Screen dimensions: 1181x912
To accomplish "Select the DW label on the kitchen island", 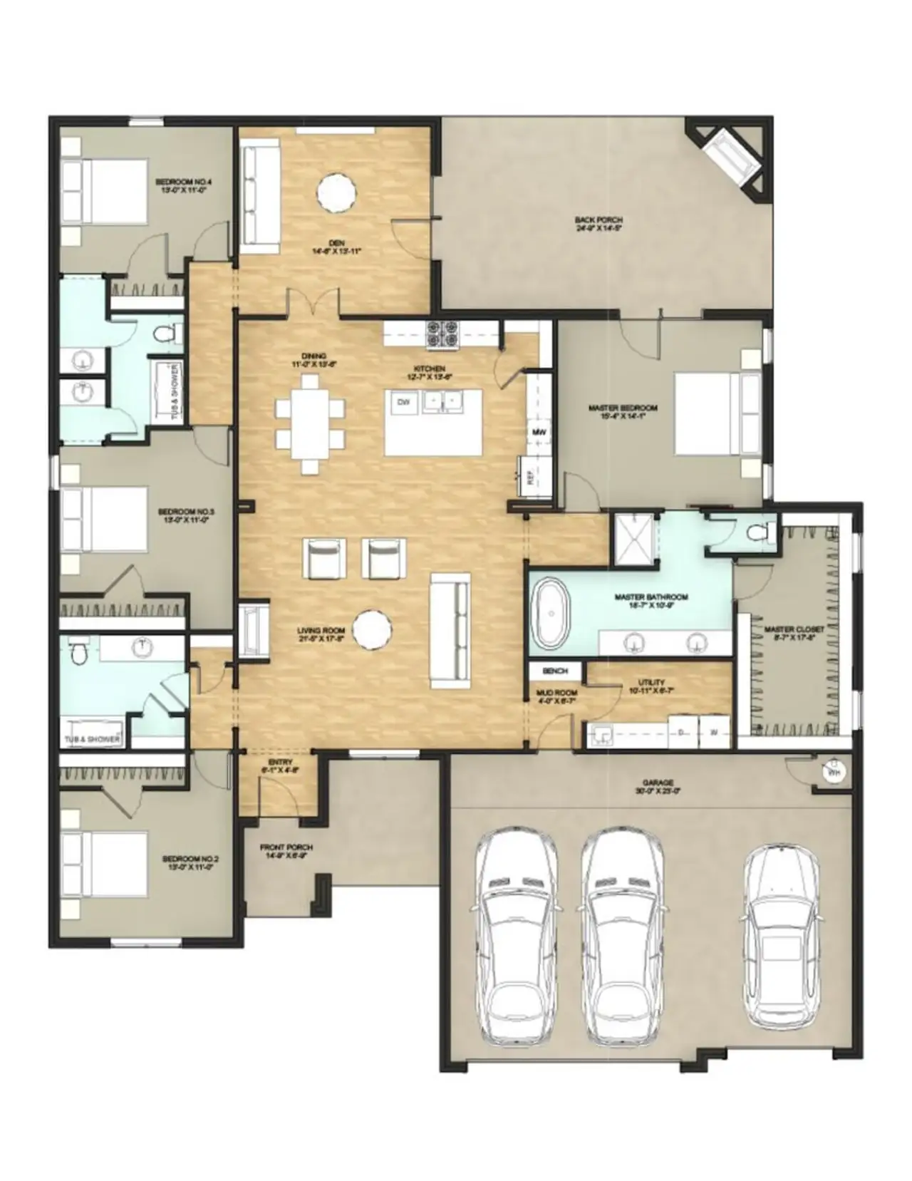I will pos(403,403).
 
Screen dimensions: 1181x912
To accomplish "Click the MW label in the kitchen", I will pos(539,433).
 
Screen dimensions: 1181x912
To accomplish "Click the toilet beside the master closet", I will pos(757,531).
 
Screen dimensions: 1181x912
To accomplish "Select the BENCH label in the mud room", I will pos(555,671).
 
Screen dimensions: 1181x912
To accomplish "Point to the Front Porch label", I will pos(286,851).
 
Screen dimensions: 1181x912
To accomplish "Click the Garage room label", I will pos(657,786).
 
